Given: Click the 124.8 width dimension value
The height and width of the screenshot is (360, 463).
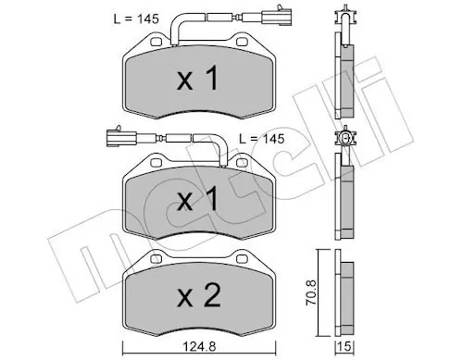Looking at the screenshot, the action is (199, 347).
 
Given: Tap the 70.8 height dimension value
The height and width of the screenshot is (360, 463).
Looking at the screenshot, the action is (311, 292).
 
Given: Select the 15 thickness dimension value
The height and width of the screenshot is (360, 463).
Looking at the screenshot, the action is (344, 347).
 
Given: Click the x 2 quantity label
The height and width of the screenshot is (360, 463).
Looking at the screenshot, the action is (199, 296).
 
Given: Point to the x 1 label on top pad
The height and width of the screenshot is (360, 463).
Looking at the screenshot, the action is (197, 79).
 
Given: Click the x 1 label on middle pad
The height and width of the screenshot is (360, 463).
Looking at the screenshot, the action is (197, 199).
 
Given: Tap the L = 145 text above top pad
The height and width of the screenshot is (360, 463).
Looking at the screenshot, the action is (136, 19).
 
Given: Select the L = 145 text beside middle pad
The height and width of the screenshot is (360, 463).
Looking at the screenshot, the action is (262, 139).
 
